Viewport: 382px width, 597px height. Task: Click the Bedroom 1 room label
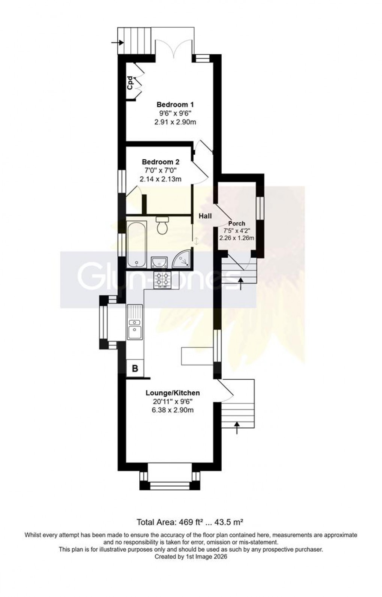[175, 104]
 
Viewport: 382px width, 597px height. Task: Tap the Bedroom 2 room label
[160, 162]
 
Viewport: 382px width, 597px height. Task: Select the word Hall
[205, 216]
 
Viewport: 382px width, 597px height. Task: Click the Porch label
[237, 223]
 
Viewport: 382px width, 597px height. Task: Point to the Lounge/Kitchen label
[173, 393]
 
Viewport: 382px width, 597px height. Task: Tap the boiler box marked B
[135, 369]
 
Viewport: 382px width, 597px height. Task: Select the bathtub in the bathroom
[136, 244]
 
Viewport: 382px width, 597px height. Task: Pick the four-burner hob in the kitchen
[162, 279]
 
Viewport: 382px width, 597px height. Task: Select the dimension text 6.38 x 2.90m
[173, 410]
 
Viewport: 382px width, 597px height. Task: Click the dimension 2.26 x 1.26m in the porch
[237, 238]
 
